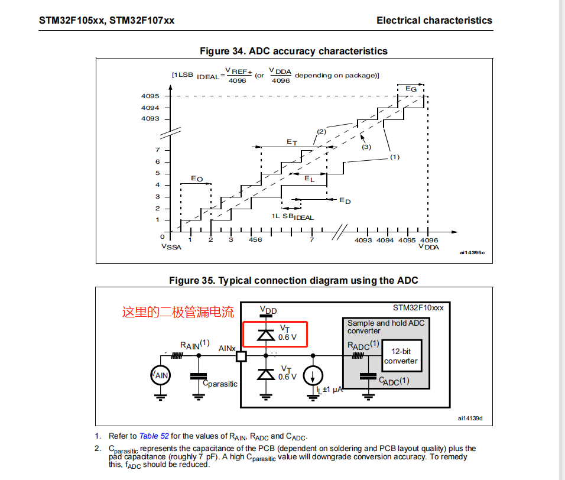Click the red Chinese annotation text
click(x=178, y=312)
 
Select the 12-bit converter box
click(x=402, y=356)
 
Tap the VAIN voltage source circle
click(x=160, y=375)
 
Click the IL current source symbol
click(x=313, y=376)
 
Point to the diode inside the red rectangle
click(x=266, y=335)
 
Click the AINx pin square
click(x=241, y=356)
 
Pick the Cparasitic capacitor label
click(x=220, y=384)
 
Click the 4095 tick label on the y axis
click(x=150, y=96)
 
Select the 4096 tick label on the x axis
click(x=429, y=241)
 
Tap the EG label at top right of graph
click(x=411, y=89)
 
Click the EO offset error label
click(x=197, y=179)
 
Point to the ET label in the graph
click(x=292, y=142)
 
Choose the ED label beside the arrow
click(x=345, y=201)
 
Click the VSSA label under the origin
click(x=171, y=247)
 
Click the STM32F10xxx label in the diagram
click(x=418, y=308)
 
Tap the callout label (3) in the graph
click(x=366, y=147)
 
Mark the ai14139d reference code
click(x=470, y=419)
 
